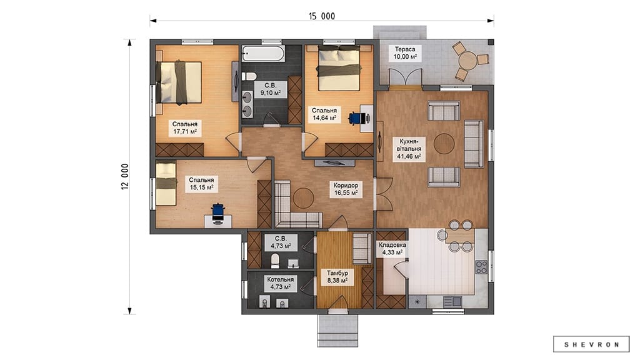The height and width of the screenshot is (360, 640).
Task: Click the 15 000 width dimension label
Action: pyautogui.click(x=322, y=16)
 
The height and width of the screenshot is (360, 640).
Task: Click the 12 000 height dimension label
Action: pyautogui.click(x=125, y=176)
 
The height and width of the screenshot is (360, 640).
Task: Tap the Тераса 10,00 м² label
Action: pyautogui.click(x=405, y=53)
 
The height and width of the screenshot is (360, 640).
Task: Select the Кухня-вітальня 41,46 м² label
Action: pyautogui.click(x=409, y=149)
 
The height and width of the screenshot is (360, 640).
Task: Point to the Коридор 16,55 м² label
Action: pyautogui.click(x=346, y=189)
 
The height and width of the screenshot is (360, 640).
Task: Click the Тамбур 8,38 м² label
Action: pyautogui.click(x=337, y=277)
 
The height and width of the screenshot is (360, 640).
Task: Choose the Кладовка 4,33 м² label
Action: pyautogui.click(x=392, y=249)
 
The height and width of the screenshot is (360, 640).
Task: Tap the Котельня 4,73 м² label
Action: pyautogui.click(x=281, y=283)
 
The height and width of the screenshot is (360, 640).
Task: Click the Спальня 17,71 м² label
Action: pyautogui.click(x=184, y=127)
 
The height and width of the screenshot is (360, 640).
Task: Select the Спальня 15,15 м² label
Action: pyautogui.click(x=201, y=184)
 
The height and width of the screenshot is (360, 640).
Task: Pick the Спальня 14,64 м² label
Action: pyautogui.click(x=324, y=114)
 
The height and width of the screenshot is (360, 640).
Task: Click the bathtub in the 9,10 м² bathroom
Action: pyautogui.click(x=264, y=54)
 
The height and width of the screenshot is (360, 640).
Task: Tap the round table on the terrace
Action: pyautogui.click(x=468, y=61)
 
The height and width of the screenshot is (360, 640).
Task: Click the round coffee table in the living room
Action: pyautogui.click(x=444, y=144)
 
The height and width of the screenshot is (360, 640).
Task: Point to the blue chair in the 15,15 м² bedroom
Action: pyautogui.click(x=218, y=212)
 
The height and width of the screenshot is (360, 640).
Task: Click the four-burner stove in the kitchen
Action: pyautogui.click(x=481, y=267)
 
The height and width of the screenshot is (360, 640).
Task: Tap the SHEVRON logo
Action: pyautogui.click(x=591, y=344)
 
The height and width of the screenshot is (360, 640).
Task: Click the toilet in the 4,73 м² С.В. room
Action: pyautogui.click(x=276, y=260)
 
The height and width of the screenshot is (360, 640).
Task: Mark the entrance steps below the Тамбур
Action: pyautogui.click(x=337, y=330)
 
